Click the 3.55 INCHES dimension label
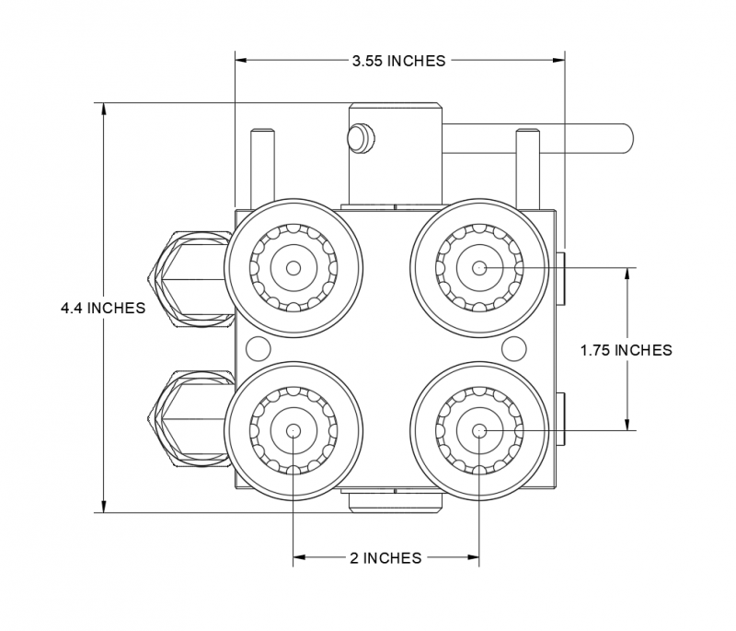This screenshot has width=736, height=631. pos(398,61)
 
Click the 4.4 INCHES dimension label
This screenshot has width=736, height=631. pos(103,308)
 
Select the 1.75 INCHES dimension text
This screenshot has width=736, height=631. pos(626,350)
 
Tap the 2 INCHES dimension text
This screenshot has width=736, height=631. pos(385,557)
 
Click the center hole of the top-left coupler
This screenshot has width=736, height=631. pos(293,268)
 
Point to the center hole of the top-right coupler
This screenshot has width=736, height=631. pos(478,268)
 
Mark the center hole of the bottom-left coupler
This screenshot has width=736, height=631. pos(293,430)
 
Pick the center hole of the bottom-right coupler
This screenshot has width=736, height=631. pos(478,430)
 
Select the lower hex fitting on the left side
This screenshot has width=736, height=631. pos(186,419)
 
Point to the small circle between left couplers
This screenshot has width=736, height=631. pos(258,348)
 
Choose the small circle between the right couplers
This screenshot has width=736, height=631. pos(513,348)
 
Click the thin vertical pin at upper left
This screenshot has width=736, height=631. pos(260,168)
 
